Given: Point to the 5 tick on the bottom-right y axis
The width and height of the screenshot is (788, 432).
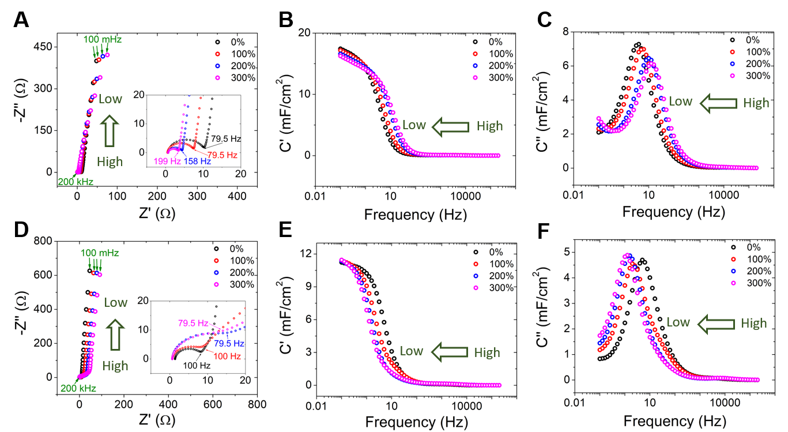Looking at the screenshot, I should [x=559, y=252].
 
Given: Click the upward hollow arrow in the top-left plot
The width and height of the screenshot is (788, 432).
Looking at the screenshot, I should [x=110, y=129].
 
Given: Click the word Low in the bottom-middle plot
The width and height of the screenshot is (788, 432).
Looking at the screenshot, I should [x=412, y=351].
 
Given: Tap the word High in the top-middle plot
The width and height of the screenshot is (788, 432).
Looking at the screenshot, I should [x=489, y=126].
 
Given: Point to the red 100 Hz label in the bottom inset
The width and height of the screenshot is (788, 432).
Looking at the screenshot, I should [x=227, y=356].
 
